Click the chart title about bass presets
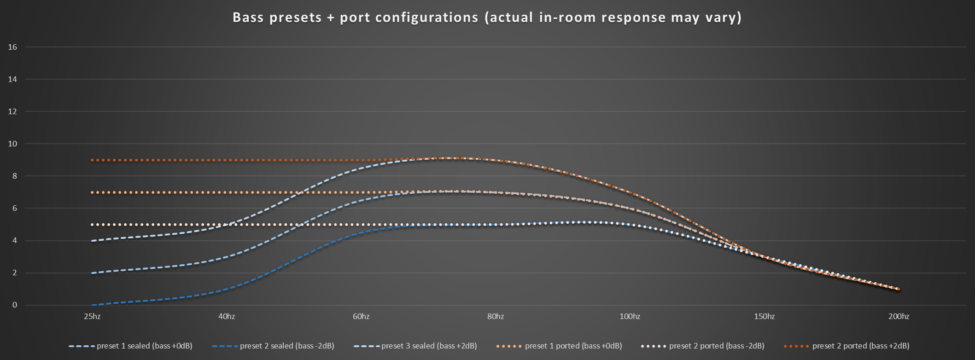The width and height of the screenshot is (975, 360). pos(487,17)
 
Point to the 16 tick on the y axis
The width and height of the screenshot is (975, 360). pos(13,47)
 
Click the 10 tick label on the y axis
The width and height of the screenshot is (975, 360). pos(13,144)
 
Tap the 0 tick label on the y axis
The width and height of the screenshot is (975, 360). pos(15,305)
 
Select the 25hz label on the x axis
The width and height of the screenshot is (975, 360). pos(92,316)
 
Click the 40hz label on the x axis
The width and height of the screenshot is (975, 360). pos(227,316)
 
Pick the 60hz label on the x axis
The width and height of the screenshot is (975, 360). pos(361,316)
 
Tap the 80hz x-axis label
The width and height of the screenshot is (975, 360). pos(496,316)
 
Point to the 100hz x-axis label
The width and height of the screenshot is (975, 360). pos(630,316)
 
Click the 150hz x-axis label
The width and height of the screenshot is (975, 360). pos(765,316)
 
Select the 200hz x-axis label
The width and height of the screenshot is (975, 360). pos(899,316)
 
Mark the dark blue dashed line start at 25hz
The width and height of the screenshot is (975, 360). pos(92,305)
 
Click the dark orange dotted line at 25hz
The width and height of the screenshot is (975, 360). pos(92,160)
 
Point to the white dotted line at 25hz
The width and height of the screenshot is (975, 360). pos(92,225)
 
